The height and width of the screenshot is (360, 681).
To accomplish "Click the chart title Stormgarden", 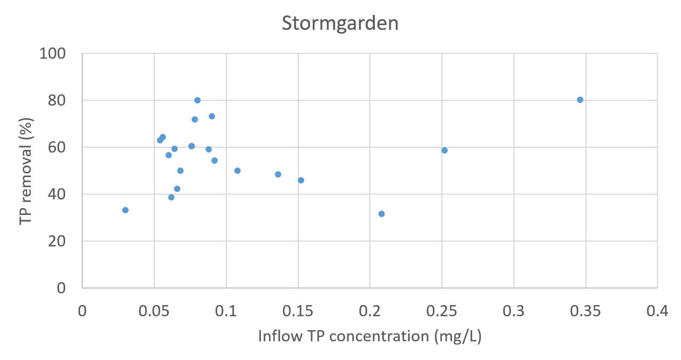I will point(340,24).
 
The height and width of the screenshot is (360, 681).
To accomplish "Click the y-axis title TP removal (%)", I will point(26,171).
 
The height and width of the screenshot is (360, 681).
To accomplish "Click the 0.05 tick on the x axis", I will point(154,311).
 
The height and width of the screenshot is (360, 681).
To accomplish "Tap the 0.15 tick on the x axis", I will point(298,311).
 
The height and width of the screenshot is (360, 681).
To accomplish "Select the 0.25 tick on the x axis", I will point(442,311).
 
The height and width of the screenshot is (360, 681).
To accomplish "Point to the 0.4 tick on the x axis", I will point(658,311).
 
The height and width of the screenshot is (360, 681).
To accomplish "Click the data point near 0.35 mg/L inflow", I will point(580,100).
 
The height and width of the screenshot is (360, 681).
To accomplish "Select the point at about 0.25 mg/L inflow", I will point(445,150).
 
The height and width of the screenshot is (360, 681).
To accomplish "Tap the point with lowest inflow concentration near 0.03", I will point(125,210).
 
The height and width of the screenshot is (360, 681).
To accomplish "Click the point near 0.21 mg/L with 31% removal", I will point(382,214).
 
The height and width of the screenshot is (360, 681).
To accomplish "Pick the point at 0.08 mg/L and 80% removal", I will point(197,100).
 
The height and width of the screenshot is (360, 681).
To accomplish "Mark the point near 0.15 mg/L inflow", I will point(301,180).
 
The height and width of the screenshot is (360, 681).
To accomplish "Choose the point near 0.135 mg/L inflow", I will point(278,174).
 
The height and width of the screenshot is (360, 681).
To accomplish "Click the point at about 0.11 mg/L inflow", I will point(237,171).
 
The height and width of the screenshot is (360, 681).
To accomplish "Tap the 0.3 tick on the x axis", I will point(514,311).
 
